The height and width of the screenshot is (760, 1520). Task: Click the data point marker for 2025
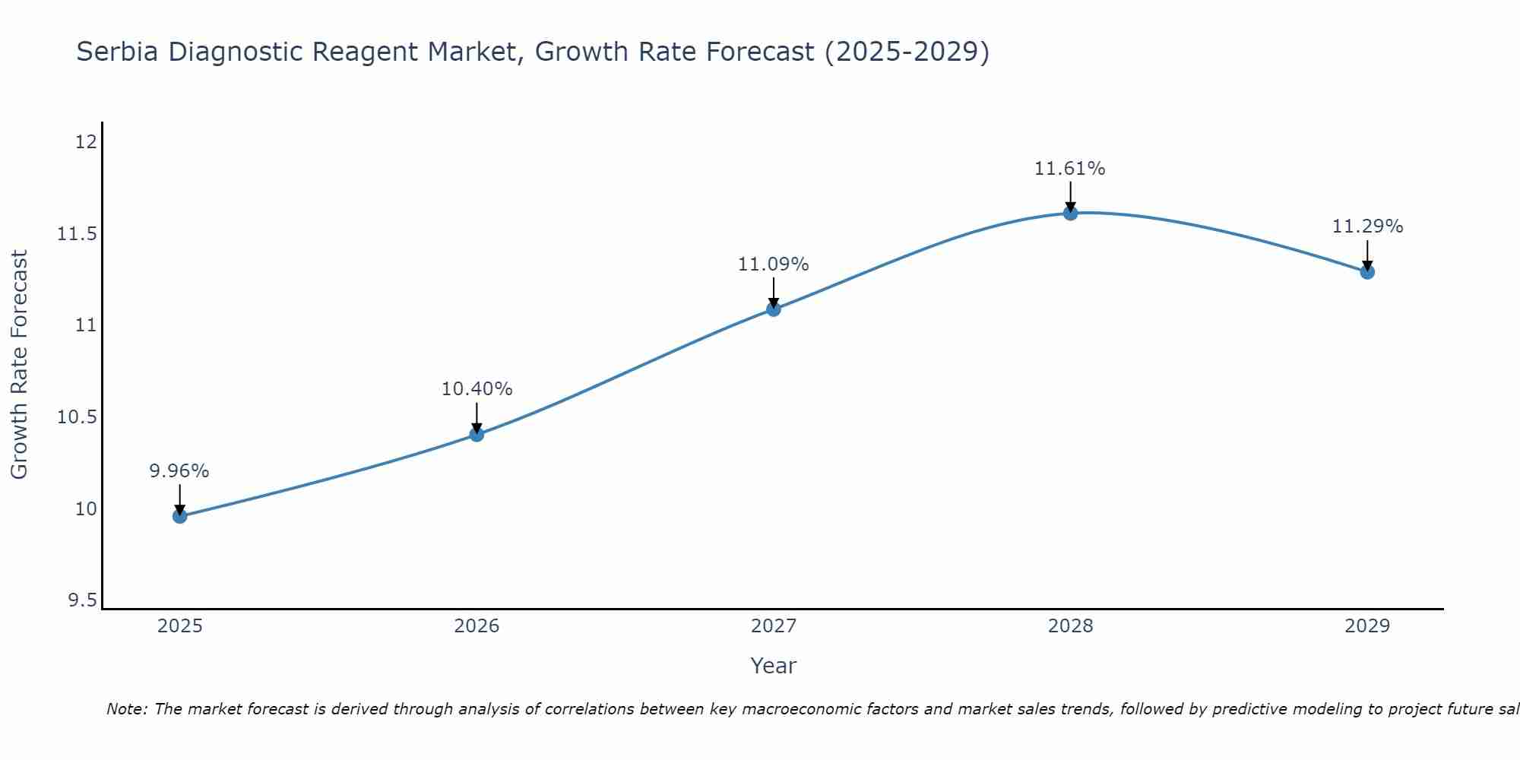click(x=179, y=516)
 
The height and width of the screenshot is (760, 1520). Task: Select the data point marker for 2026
click(x=477, y=435)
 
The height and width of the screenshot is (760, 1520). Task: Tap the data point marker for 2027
click(x=774, y=309)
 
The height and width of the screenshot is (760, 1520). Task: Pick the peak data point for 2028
click(x=1070, y=213)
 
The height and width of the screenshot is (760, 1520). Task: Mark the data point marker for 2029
click(x=1367, y=271)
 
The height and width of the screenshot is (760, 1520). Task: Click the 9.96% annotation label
click(x=179, y=471)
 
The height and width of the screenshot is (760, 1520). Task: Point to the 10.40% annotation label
click(x=477, y=389)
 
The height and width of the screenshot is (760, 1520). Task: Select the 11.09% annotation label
click(x=773, y=264)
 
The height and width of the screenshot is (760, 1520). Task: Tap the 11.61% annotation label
click(x=1069, y=169)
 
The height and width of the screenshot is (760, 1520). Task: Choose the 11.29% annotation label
click(x=1367, y=226)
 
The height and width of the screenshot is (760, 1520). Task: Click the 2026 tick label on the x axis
click(x=477, y=626)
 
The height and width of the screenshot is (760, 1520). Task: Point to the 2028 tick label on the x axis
click(x=1070, y=626)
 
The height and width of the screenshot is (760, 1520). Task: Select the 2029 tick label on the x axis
click(x=1367, y=626)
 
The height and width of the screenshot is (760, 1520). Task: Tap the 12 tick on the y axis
click(x=86, y=142)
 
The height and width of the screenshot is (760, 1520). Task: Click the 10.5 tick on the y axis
click(x=77, y=417)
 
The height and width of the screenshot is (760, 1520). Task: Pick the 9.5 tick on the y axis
click(x=82, y=601)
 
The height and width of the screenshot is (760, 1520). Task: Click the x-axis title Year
click(x=773, y=666)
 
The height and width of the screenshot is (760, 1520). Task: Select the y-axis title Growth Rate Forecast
click(x=19, y=364)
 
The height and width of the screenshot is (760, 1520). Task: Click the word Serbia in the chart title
click(x=118, y=52)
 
